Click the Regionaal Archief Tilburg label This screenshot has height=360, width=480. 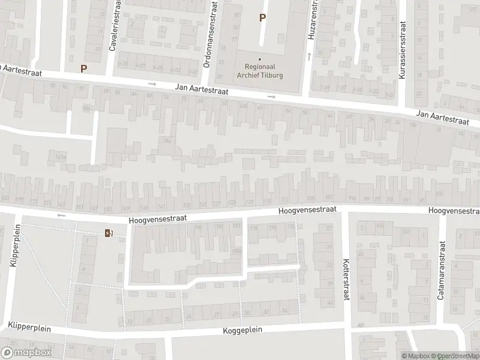[x=260, y=71]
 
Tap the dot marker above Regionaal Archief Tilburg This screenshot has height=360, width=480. [x=260, y=59]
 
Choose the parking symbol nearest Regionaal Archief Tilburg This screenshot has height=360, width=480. [x=262, y=18]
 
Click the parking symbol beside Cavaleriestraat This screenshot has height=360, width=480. [x=83, y=68]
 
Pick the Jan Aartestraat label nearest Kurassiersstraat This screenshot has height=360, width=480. [x=442, y=117]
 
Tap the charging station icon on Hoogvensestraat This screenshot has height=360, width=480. [x=109, y=233]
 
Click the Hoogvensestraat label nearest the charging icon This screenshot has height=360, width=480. [x=157, y=220]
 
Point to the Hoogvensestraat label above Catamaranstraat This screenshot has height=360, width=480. [x=454, y=211]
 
